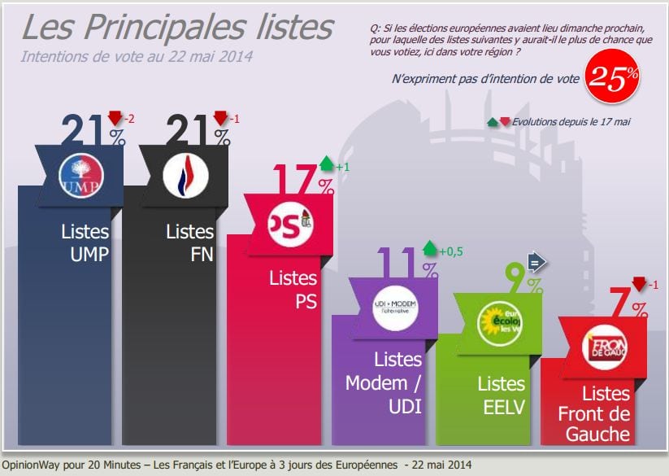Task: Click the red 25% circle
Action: tap(613, 78)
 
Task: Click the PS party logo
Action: tap(291, 222)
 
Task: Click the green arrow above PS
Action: tap(327, 164)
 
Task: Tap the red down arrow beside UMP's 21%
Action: tap(114, 119)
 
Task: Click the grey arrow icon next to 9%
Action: tap(537, 261)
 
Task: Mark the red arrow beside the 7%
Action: tap(638, 284)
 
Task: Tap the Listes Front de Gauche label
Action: tap(593, 413)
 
